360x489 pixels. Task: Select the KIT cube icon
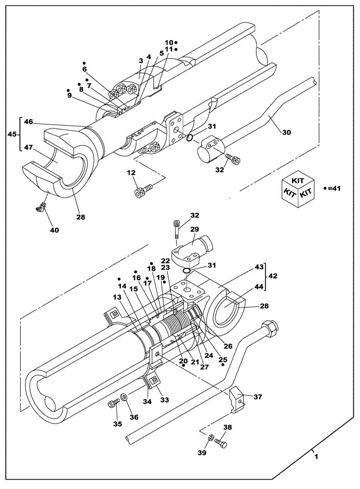pos(298,190)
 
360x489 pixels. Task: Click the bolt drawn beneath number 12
pos(143,191)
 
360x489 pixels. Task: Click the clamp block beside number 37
pos(238,399)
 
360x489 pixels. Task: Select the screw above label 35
pos(113,402)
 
